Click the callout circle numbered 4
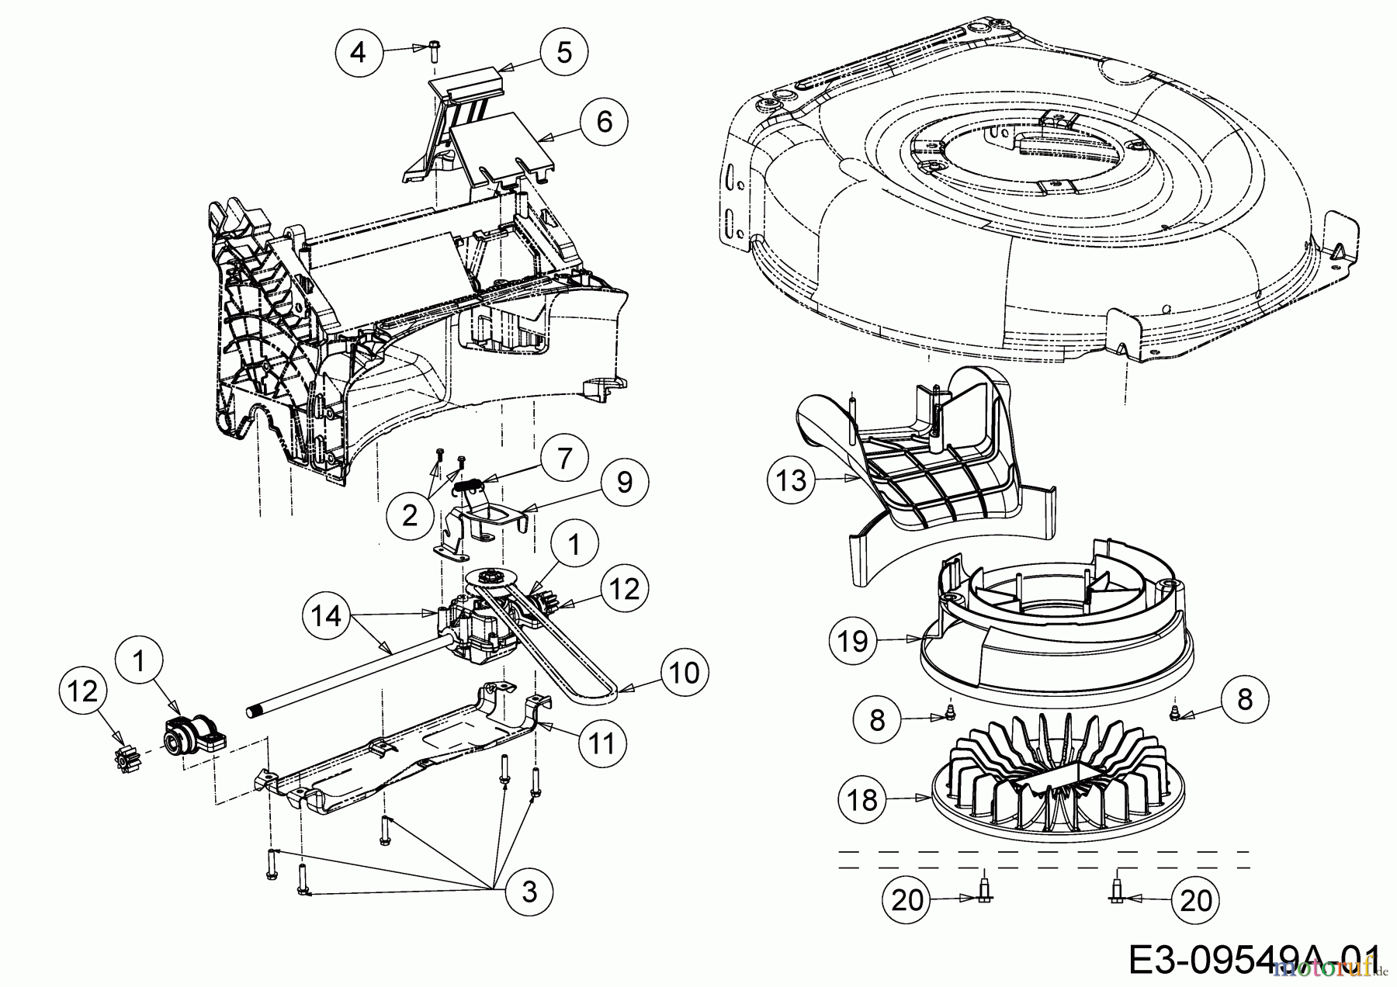click(358, 53)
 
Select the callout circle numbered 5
click(564, 52)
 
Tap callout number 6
click(605, 121)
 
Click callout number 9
click(625, 483)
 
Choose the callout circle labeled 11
click(602, 743)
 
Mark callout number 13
click(792, 481)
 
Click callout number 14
click(326, 616)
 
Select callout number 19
click(852, 641)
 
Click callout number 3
click(529, 892)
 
